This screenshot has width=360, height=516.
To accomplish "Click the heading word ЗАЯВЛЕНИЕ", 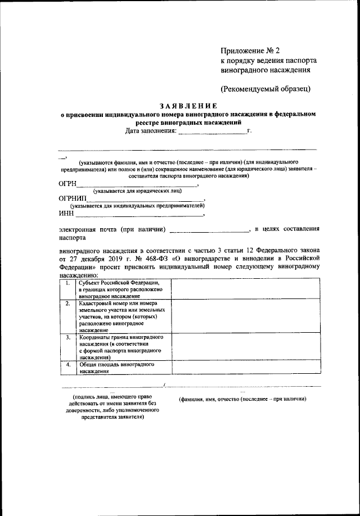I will click(187, 105).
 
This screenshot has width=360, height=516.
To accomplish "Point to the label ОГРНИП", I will click(73, 198).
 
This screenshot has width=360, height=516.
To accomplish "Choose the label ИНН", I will click(66, 214).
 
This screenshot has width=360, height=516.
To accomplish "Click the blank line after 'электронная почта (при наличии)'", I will click(209, 230).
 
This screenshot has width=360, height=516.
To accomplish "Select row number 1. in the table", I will click(67, 283).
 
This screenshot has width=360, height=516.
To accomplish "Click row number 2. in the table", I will click(67, 304).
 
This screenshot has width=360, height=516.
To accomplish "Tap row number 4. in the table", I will click(67, 365).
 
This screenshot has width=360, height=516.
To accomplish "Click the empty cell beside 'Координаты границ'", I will click(246, 347).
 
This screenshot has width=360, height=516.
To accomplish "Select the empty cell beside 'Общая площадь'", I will click(246, 368).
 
